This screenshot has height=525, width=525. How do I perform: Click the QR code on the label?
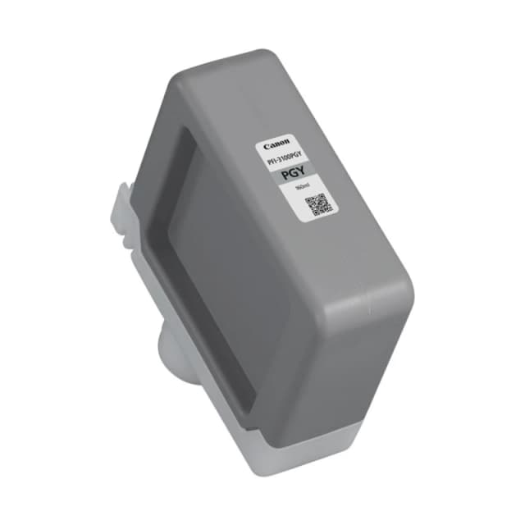(317, 203)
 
